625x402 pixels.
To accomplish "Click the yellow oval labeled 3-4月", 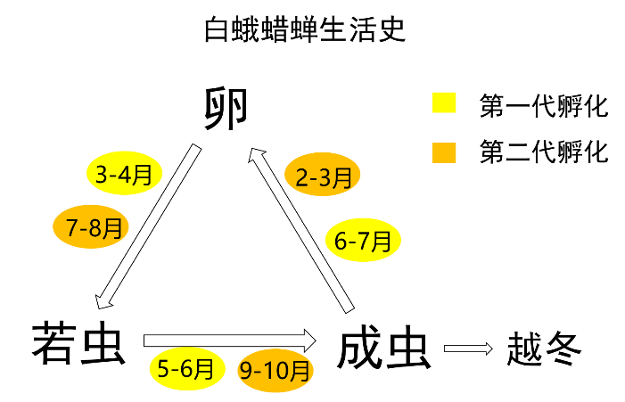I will pyautogui.click(x=124, y=174).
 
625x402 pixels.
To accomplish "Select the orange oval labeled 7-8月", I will pyautogui.click(x=91, y=227).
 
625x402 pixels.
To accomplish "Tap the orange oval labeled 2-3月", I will pyautogui.click(x=323, y=176).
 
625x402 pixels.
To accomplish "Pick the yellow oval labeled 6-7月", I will pyautogui.click(x=362, y=241).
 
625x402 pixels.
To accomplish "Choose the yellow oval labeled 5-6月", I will pyautogui.click(x=186, y=368).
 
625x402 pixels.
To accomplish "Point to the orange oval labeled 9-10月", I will pyautogui.click(x=275, y=370).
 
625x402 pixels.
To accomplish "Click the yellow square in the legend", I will pyautogui.click(x=444, y=103).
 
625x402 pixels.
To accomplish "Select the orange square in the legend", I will pyautogui.click(x=444, y=152).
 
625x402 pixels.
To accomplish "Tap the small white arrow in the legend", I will pyautogui.click(x=467, y=349).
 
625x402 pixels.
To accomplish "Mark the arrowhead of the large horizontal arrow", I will pyautogui.click(x=308, y=340).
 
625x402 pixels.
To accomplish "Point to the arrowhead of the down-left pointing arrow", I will pyautogui.click(x=103, y=302).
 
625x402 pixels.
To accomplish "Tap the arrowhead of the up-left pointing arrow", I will pyautogui.click(x=256, y=155).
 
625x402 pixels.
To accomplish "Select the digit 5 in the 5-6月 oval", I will pyautogui.click(x=165, y=368).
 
